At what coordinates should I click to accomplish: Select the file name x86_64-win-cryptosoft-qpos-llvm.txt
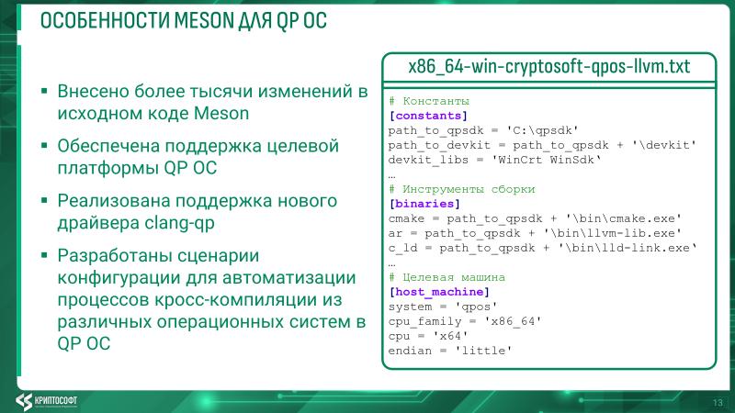click(549, 68)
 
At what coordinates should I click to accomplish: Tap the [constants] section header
click(428, 116)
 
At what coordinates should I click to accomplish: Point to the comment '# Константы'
click(429, 101)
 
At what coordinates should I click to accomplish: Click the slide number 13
click(718, 401)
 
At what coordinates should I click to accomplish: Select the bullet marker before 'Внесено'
click(43, 94)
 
